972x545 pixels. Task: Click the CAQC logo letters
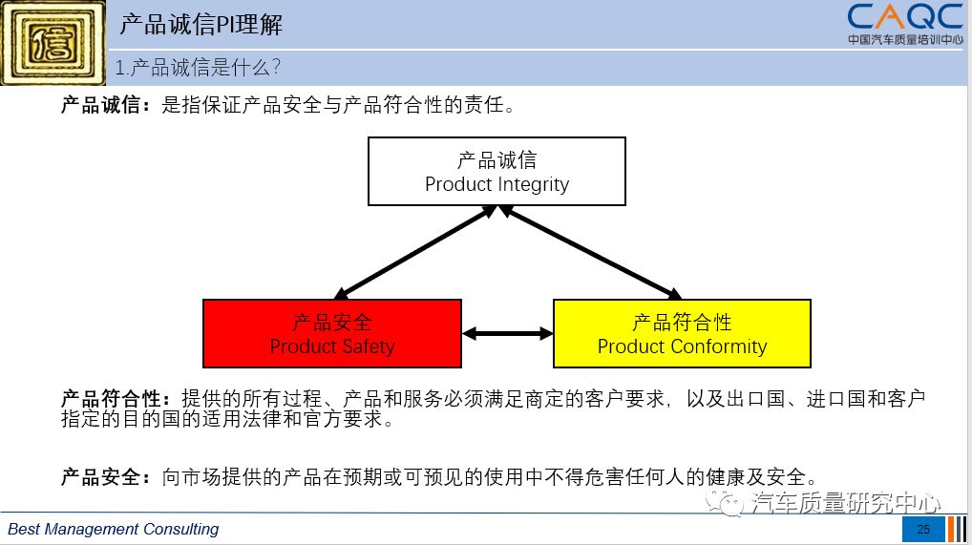[905, 17]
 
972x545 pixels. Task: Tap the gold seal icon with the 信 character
[53, 43]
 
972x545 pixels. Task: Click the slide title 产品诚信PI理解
[201, 24]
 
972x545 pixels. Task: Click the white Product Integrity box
[497, 172]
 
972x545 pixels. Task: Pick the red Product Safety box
[332, 333]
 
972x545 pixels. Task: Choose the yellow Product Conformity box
[682, 333]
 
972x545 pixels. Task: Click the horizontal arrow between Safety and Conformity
[507, 333]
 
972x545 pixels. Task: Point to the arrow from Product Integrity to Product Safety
[413, 252]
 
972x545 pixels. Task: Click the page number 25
[923, 530]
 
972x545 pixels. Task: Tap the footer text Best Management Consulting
[114, 529]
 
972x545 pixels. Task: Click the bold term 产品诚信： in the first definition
[106, 105]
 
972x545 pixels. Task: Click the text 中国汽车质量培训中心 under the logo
[905, 39]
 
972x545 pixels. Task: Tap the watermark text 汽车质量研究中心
[846, 502]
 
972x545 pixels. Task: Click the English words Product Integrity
[497, 184]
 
